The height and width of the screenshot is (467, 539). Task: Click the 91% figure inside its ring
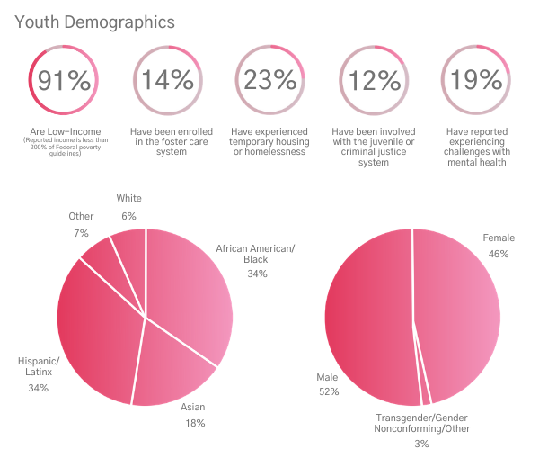(64, 81)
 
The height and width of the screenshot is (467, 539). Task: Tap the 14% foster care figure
(167, 81)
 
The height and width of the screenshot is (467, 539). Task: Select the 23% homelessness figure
(269, 81)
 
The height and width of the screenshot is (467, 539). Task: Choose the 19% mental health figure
(475, 81)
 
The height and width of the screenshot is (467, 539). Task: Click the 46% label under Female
(499, 254)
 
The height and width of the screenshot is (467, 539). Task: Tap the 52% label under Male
(328, 392)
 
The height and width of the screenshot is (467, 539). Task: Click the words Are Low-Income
(64, 131)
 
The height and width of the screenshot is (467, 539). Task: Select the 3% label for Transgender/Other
(421, 444)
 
